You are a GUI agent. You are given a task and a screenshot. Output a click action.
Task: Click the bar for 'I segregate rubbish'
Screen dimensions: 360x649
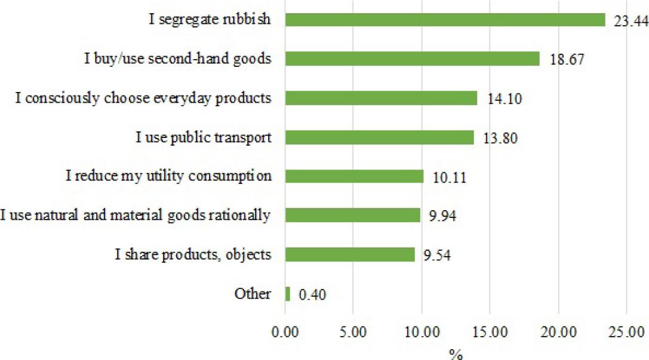pyautogui.click(x=445, y=20)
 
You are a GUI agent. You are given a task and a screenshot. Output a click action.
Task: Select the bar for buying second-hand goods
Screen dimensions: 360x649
pyautogui.click(x=412, y=59)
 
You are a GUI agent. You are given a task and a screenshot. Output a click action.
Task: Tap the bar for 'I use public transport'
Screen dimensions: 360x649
pyautogui.click(x=379, y=137)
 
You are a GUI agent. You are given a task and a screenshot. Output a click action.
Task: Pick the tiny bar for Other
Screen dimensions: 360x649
pyautogui.click(x=288, y=294)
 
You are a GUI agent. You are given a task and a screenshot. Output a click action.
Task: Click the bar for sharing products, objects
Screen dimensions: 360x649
pyautogui.click(x=350, y=254)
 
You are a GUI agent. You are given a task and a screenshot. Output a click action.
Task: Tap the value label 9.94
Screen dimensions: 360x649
pyautogui.click(x=443, y=217)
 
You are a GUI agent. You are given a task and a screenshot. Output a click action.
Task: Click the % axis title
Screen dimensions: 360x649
pyautogui.click(x=456, y=353)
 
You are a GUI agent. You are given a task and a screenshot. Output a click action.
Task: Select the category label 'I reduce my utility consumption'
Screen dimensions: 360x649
pyautogui.click(x=168, y=176)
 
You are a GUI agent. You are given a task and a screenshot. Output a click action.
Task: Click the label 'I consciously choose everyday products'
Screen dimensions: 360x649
pyautogui.click(x=144, y=98)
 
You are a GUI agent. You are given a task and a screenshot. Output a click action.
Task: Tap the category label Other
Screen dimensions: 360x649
pyautogui.click(x=253, y=294)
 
